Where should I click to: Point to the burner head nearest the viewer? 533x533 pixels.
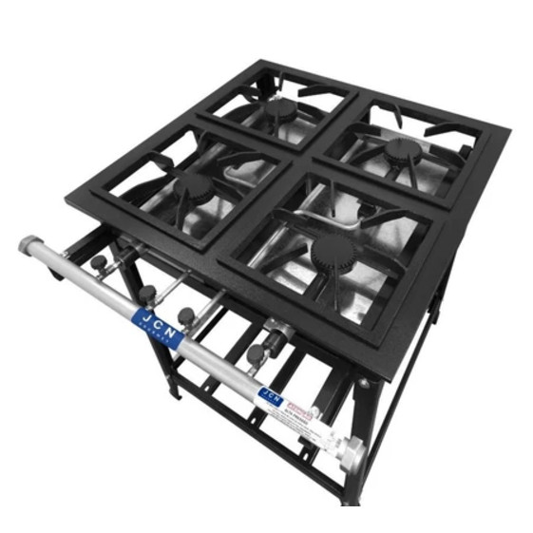332,251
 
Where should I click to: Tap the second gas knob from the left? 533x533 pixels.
147,294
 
